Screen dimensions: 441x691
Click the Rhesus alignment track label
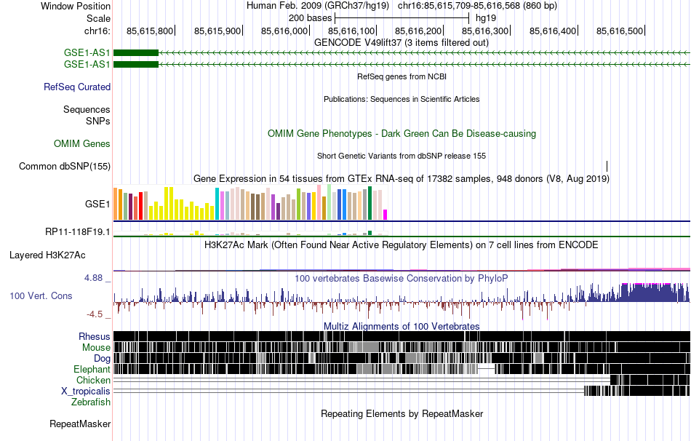pos(95,336)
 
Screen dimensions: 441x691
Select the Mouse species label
pos(96,347)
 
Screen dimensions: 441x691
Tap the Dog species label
pos(102,358)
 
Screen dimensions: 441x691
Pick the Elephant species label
pos(92,369)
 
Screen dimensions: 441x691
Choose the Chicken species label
pos(93,380)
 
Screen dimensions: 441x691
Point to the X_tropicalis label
pos(86,391)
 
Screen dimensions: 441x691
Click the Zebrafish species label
pos(91,402)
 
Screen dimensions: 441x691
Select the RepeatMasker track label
pos(80,424)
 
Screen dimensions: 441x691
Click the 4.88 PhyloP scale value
pos(96,278)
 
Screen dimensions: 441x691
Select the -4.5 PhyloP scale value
pos(97,314)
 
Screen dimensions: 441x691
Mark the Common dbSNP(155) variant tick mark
pos(607,166)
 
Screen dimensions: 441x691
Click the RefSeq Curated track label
pos(77,87)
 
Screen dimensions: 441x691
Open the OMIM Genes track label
pos(82,144)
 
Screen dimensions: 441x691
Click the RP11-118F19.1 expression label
pos(78,232)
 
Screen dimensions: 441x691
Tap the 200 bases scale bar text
pos(311,17)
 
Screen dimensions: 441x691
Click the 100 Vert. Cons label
pos(41,296)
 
